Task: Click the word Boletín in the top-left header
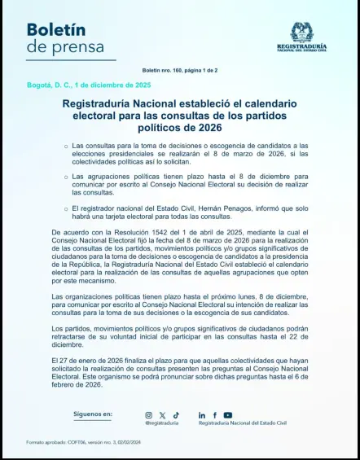pos(56,29)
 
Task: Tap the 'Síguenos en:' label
pos(93,414)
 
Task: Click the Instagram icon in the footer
pos(149,415)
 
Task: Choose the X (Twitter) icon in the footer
pos(162,415)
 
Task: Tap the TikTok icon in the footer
pos(175,415)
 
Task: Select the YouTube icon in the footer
pos(228,415)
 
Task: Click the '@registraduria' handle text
pos(161,423)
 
